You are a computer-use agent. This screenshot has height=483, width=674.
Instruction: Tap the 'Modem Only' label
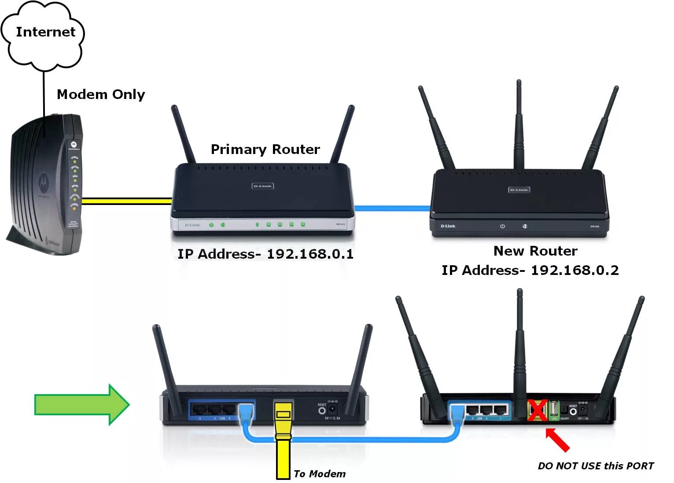pyautogui.click(x=101, y=95)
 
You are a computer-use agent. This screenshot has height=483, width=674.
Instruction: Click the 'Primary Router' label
pyautogui.click(x=265, y=150)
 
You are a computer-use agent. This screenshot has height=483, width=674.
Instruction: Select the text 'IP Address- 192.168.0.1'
pyautogui.click(x=265, y=254)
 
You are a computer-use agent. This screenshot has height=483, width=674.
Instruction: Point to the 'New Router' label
pyautogui.click(x=535, y=251)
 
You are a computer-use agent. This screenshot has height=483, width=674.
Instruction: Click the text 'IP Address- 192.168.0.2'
pyautogui.click(x=530, y=270)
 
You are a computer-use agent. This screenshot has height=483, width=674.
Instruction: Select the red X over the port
pyautogui.click(x=538, y=410)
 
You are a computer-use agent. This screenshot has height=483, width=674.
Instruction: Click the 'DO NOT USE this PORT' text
pyautogui.click(x=596, y=466)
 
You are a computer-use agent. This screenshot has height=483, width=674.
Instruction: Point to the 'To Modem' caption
pyautogui.click(x=320, y=474)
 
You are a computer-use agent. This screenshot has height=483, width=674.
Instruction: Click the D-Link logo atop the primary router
pyautogui.click(x=262, y=186)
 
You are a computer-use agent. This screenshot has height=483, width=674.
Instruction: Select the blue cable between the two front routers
pyautogui.click(x=392, y=208)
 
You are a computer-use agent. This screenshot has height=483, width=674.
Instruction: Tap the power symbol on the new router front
pyautogui.click(x=502, y=226)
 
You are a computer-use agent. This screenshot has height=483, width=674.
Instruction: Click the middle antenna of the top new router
pyautogui.click(x=519, y=128)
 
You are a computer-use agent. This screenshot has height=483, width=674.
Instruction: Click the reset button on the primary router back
pyautogui.click(x=322, y=411)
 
